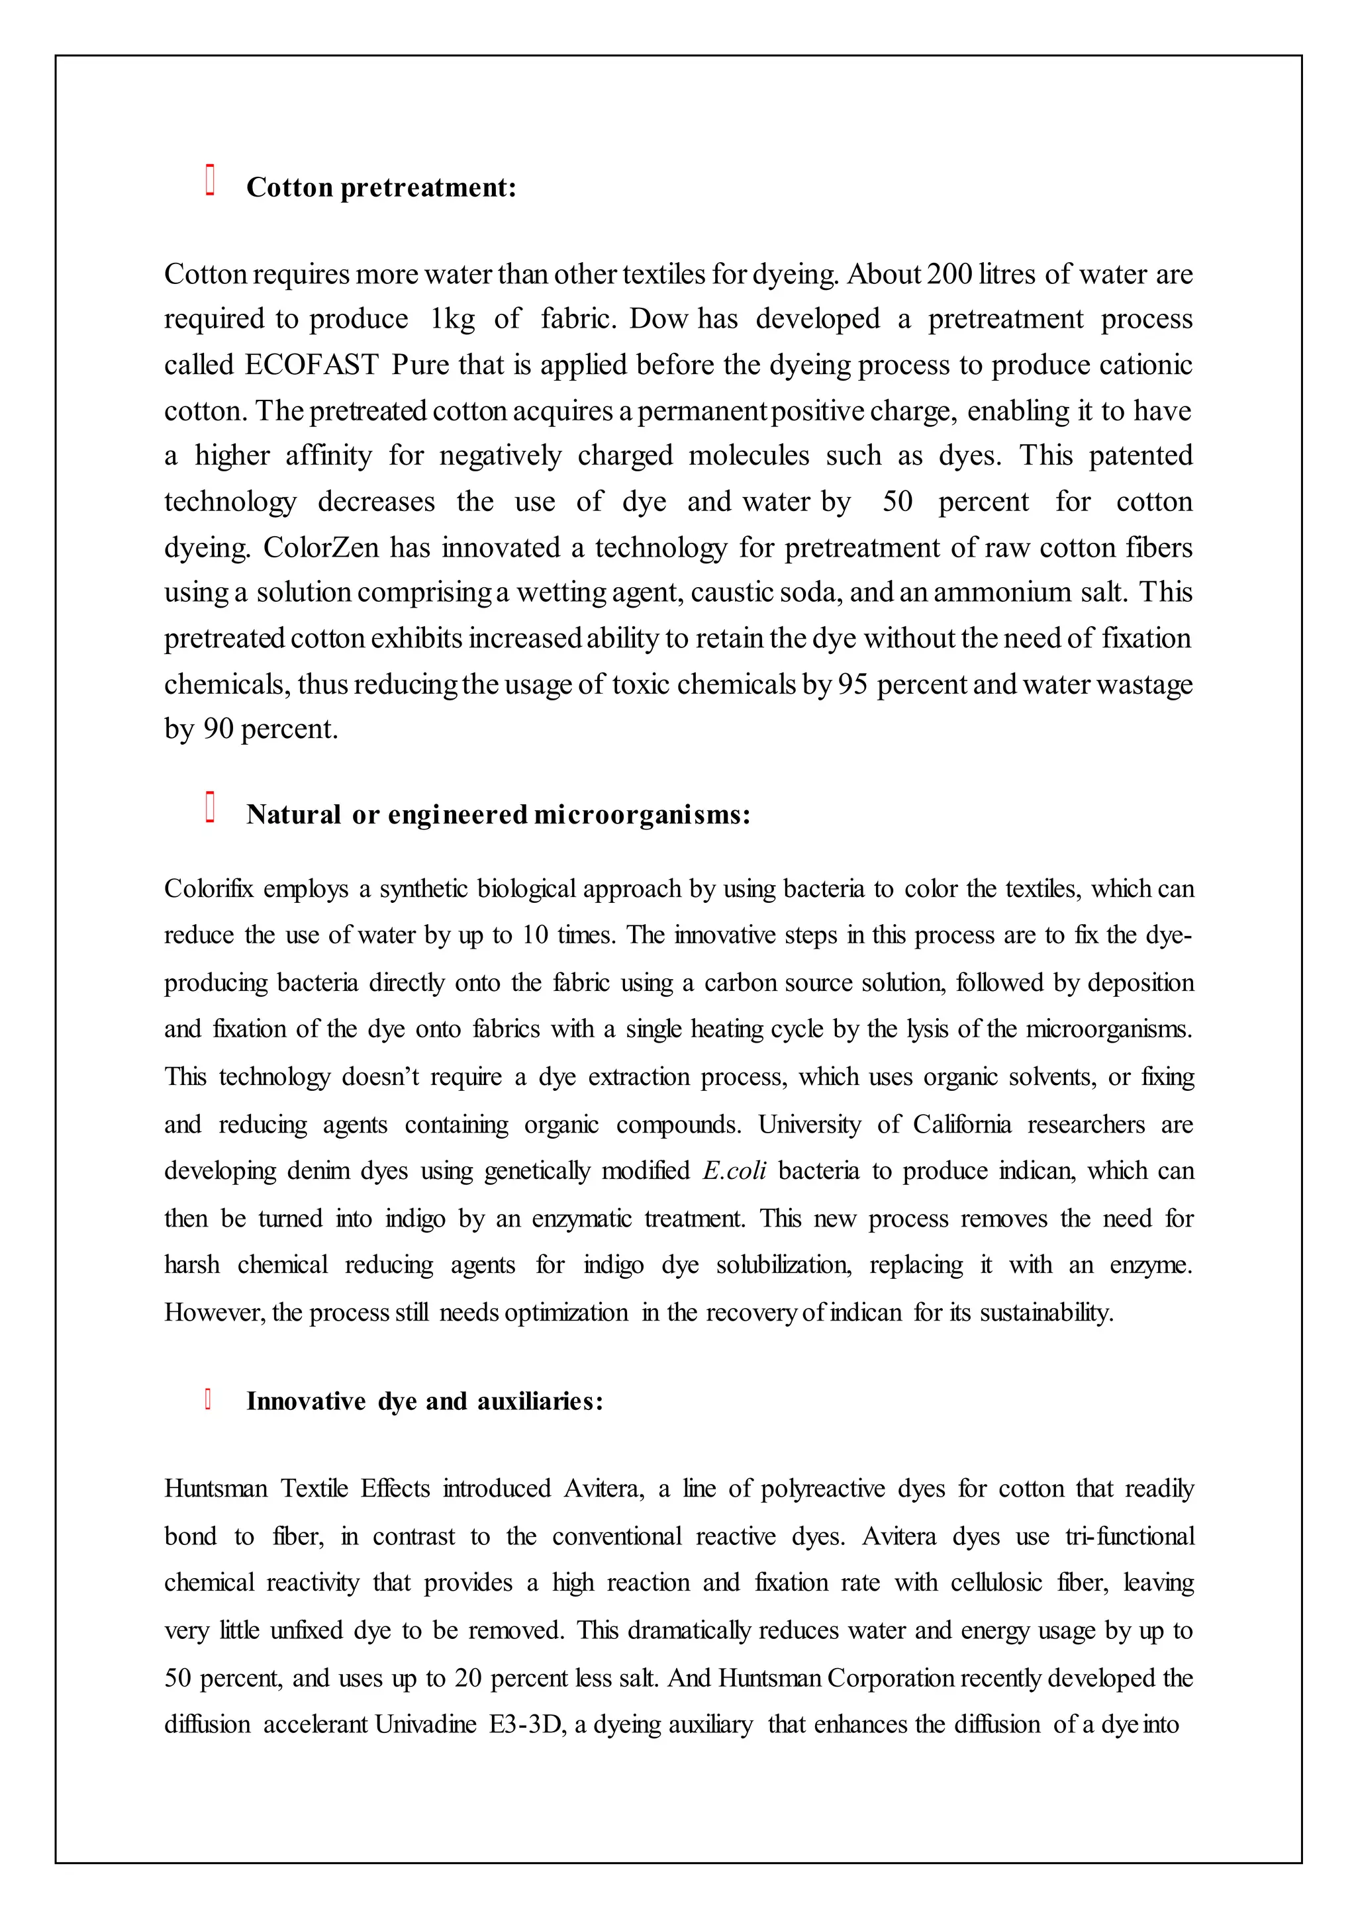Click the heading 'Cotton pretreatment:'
[381, 187]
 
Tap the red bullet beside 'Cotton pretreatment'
[211, 180]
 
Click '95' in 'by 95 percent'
[853, 684]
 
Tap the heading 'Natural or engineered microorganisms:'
[498, 814]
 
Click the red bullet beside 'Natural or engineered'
[211, 808]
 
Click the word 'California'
[961, 1124]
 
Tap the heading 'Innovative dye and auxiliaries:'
[424, 1401]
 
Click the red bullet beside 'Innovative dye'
[208, 1399]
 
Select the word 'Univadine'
[425, 1724]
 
